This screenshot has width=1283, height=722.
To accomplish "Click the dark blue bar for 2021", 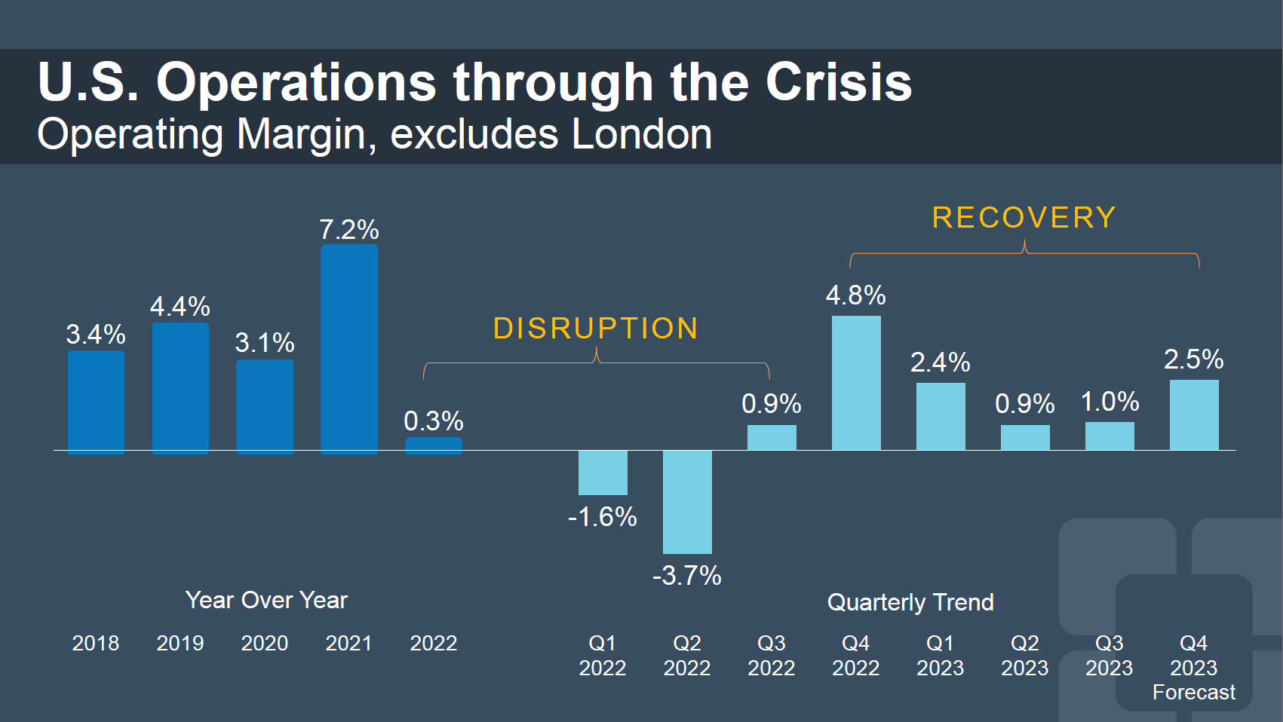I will pos(349,348).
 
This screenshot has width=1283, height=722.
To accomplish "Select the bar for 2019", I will pos(180,387).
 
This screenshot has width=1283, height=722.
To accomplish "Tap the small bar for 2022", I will pos(434,445).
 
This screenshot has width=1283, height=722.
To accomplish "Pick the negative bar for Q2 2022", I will pos(687,502).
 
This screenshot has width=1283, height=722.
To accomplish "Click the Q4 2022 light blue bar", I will pos(856,383).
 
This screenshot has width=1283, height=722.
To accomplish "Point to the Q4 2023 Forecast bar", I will pos(1194,415).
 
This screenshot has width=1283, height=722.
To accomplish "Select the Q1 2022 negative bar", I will pos(603,473).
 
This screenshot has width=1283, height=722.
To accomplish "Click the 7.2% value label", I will pos(349,230).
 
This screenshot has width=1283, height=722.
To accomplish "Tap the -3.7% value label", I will pos(687,576).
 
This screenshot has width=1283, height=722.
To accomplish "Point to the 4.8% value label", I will pos(856,295).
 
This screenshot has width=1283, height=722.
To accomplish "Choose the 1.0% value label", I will pos(1110,402).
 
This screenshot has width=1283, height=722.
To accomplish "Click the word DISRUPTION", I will pos(596,329).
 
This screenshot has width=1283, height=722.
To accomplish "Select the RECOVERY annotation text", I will pos(1024,218).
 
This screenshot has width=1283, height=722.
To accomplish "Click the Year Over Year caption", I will pos(266,600).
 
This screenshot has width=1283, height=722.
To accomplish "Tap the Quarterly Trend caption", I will pos(910,602).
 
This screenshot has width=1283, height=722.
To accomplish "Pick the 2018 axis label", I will pos(96,643).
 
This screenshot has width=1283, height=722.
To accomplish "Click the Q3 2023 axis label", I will pos(1110,655).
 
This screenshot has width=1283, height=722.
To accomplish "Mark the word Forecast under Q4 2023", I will pos(1194,692).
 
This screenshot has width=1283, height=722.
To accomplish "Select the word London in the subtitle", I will pos(642,135).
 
